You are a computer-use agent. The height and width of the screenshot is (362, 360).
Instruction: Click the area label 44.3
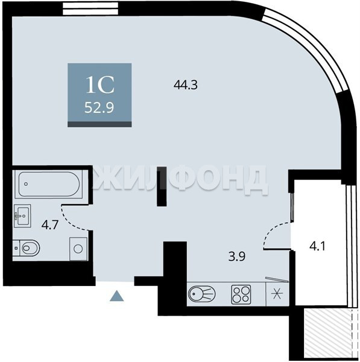[186, 84]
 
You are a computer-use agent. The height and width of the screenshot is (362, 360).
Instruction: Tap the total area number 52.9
[99, 107]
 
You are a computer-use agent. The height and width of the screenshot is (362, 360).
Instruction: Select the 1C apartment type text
[100, 85]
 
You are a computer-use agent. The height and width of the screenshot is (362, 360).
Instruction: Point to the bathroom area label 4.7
[49, 224]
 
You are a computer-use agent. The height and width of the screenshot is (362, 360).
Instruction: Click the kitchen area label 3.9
[236, 256]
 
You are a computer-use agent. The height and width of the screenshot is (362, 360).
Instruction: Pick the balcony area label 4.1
[317, 246]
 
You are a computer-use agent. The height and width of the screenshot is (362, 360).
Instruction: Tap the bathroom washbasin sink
[22, 216]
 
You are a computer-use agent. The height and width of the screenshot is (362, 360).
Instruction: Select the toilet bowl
[27, 248]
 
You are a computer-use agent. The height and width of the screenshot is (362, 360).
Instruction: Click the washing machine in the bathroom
[78, 249]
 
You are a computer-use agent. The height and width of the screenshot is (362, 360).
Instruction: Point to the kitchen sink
[201, 294]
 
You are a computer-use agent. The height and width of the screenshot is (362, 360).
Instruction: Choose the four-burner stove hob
[241, 294]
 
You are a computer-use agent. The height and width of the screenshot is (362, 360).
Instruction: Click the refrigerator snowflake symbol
[277, 294]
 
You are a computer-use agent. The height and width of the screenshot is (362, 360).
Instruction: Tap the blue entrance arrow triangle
[116, 296]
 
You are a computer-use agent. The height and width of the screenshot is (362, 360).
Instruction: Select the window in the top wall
[91, 9]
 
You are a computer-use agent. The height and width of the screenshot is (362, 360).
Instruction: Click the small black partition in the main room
[162, 186]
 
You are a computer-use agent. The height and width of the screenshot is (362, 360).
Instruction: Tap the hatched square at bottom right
[328, 334]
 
